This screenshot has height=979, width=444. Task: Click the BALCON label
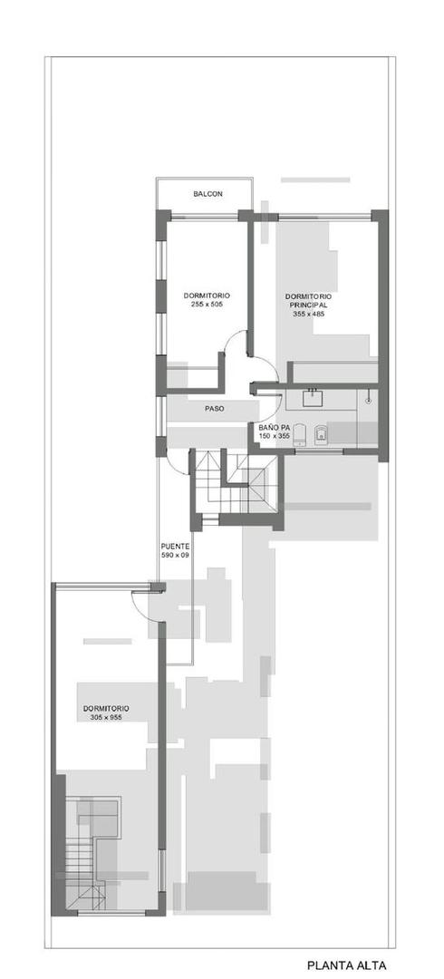(x=208, y=195)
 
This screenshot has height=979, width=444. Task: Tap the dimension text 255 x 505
(x=207, y=305)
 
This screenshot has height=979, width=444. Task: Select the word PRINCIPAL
(x=308, y=305)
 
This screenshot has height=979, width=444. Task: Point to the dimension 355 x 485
(x=308, y=315)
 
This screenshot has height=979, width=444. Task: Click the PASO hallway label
(x=214, y=409)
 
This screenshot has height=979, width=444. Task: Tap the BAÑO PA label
(x=274, y=427)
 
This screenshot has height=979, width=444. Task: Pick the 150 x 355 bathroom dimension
(x=274, y=436)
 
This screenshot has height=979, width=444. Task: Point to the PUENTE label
(x=175, y=546)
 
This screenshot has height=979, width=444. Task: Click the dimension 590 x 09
(x=175, y=555)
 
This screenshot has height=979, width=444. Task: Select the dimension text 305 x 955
(x=106, y=717)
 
